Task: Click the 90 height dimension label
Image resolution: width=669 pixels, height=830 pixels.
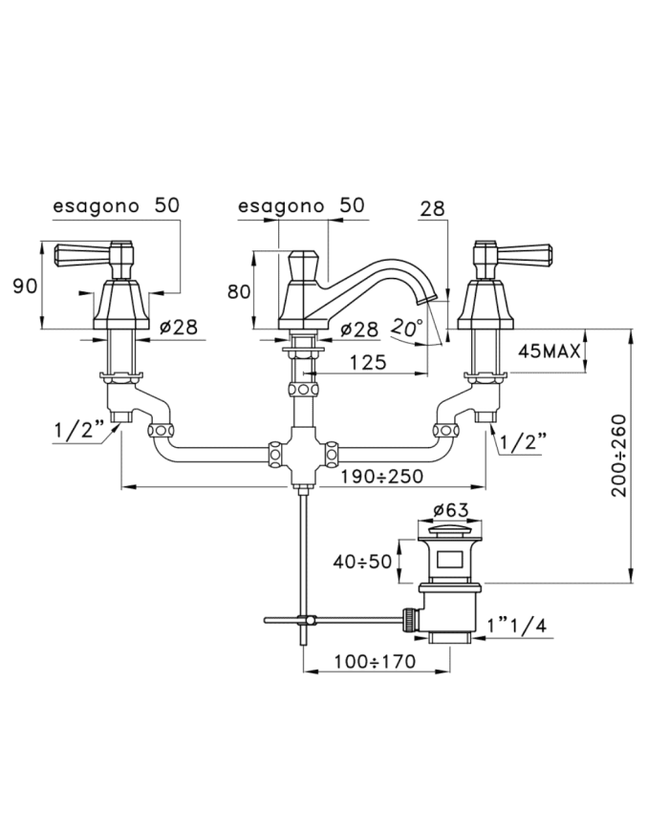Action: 25,287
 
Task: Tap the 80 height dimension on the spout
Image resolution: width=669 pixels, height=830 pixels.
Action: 239,291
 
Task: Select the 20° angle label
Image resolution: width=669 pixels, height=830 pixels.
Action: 407,328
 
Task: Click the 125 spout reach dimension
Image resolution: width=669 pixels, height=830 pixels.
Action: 368,362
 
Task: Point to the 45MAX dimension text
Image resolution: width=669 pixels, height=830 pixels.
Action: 550,351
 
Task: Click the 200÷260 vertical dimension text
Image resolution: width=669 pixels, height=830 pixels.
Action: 619,456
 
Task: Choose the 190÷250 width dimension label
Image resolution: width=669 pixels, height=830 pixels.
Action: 382,477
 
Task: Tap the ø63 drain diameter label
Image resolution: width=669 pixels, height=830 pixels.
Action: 450,510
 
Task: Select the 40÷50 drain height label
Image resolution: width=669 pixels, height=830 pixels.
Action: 362,561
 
